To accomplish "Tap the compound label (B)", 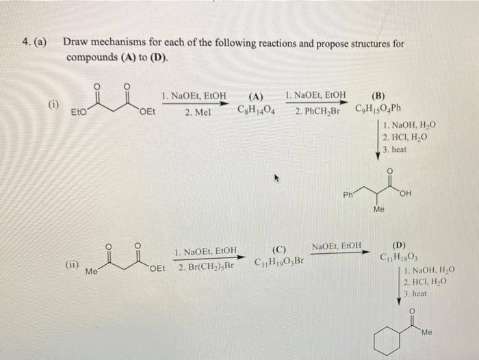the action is coord(377,97).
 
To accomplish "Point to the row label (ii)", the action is coord(72,261).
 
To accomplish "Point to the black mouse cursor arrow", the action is coord(279,179).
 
